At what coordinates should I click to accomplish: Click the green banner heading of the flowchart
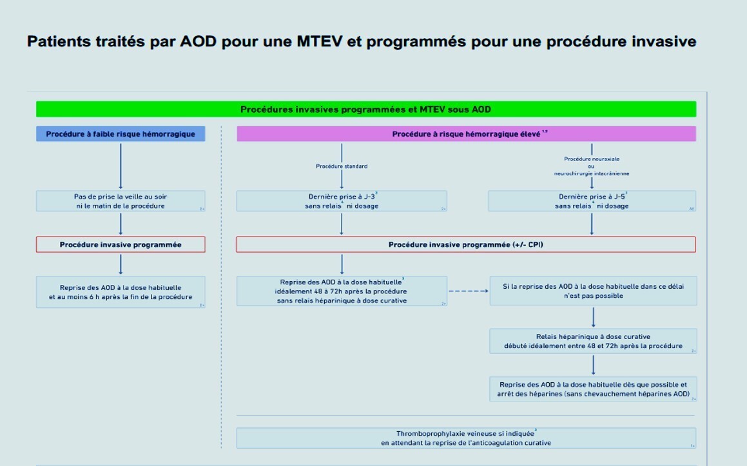(x=365, y=110)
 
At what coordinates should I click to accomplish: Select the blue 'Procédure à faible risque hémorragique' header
(x=121, y=134)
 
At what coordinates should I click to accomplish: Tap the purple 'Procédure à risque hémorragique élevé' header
(x=466, y=134)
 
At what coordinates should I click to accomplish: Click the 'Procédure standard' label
(x=342, y=166)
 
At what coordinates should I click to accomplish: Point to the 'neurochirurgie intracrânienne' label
(x=592, y=173)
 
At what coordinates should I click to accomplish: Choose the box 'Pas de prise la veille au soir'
(x=121, y=201)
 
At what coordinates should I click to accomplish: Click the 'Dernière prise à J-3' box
(x=342, y=201)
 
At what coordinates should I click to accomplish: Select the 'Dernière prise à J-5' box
(x=592, y=201)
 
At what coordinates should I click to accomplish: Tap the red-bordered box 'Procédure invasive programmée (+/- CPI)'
(x=466, y=245)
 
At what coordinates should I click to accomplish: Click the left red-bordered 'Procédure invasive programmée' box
(x=121, y=245)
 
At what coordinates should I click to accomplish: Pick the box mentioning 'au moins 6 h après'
(x=121, y=292)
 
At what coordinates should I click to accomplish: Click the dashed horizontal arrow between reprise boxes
(x=468, y=291)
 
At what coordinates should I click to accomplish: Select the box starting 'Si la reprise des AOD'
(x=593, y=291)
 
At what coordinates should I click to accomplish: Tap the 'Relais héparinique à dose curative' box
(x=593, y=341)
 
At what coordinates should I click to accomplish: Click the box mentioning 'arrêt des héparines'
(x=593, y=389)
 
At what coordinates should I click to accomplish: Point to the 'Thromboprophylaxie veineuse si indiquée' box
(x=466, y=438)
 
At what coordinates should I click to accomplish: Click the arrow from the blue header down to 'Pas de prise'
(x=121, y=166)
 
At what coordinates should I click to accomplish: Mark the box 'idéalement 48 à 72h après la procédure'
(x=342, y=291)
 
